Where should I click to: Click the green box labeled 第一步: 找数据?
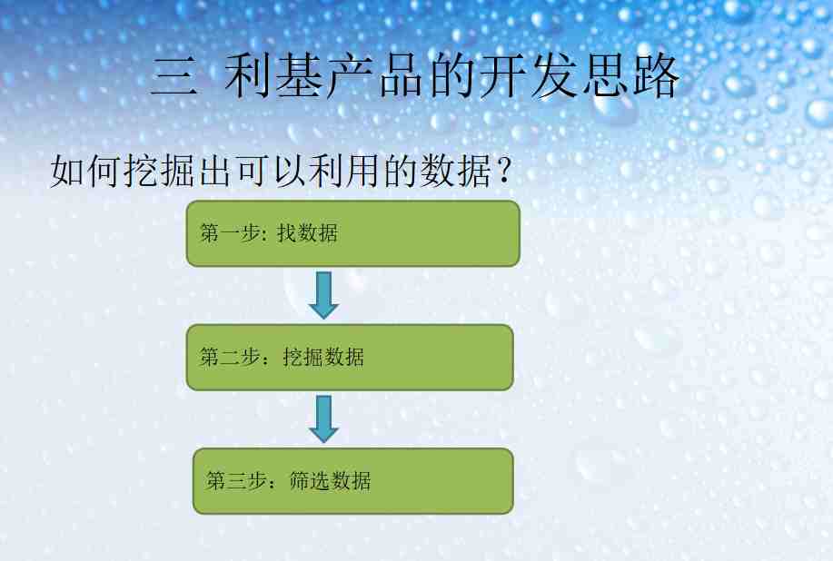tap(352, 233)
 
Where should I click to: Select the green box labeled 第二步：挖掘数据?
tap(350, 357)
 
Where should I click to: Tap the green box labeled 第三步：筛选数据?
tap(352, 481)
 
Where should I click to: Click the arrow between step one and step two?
tap(323, 295)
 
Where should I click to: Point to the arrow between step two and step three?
tap(323, 418)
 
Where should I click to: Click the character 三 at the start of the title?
tap(174, 76)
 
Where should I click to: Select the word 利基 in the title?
tap(273, 76)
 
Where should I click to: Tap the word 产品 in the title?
tap(374, 76)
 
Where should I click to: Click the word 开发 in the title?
tap(528, 76)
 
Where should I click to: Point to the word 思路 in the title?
tap(630, 76)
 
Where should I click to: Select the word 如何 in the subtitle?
tap(85, 171)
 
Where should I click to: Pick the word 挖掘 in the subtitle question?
tap(158, 171)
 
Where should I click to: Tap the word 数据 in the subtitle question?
tap(456, 171)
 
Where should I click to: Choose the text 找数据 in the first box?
tap(307, 233)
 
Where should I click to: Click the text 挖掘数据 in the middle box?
tap(323, 357)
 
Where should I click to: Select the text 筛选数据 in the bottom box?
tap(330, 480)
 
